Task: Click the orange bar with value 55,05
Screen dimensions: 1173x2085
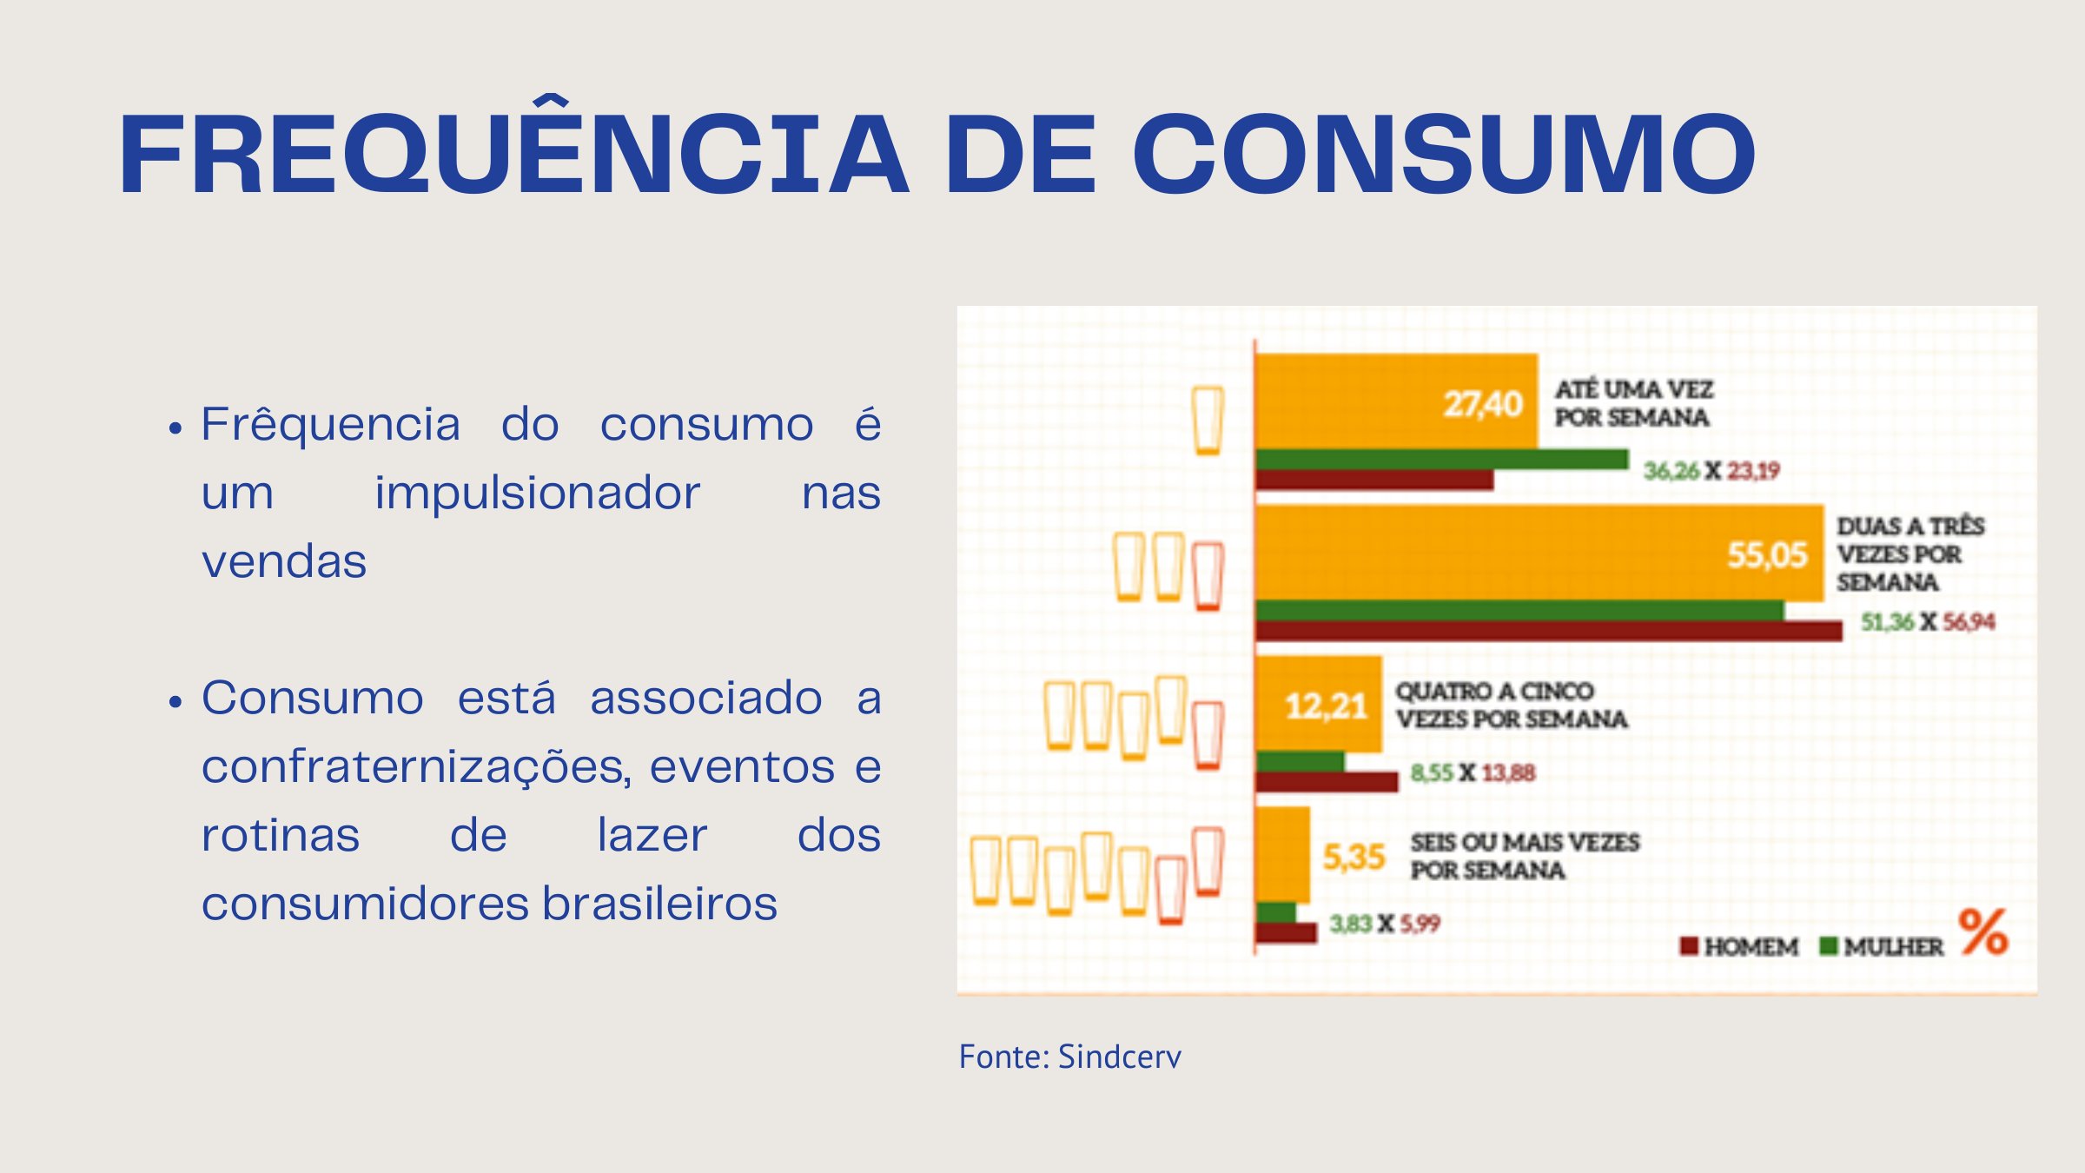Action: pyautogui.click(x=1538, y=553)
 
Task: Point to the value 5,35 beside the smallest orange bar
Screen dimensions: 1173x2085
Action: pyautogui.click(x=1353, y=857)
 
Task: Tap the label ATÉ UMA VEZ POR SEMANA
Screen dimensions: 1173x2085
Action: pyautogui.click(x=1633, y=403)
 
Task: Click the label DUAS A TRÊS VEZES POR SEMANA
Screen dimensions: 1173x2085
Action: pyautogui.click(x=1910, y=553)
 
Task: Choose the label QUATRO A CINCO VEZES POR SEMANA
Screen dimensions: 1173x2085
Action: pyautogui.click(x=1511, y=705)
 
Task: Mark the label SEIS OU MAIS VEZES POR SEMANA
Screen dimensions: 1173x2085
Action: pyautogui.click(x=1524, y=856)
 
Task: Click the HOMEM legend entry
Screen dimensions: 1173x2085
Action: pyautogui.click(x=1739, y=946)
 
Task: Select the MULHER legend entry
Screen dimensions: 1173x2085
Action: pyautogui.click(x=1882, y=946)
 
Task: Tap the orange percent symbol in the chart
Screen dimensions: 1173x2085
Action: pyautogui.click(x=1982, y=931)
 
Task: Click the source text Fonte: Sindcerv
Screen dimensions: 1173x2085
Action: pyautogui.click(x=1069, y=1057)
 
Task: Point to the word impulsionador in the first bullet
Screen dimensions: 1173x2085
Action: pyautogui.click(x=537, y=494)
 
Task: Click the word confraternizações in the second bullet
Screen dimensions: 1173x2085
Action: pyautogui.click(x=415, y=766)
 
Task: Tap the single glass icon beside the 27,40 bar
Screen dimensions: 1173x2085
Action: pyautogui.click(x=1208, y=421)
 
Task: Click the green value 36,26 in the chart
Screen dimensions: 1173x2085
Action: pyautogui.click(x=1671, y=471)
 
